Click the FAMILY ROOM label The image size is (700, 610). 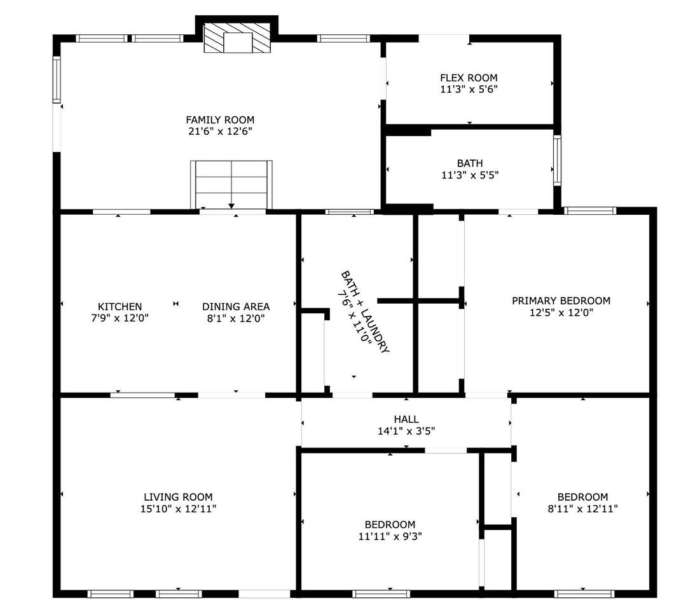click(x=220, y=120)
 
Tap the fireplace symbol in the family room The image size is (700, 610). click(x=237, y=38)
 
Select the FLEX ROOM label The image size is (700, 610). click(x=469, y=78)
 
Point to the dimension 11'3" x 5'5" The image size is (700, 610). click(x=470, y=175)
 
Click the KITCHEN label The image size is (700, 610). click(x=120, y=306)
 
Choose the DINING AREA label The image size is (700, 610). click(x=236, y=306)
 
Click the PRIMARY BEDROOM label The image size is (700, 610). click(x=561, y=301)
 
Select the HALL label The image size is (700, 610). click(x=406, y=419)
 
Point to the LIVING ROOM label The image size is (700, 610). click(x=178, y=497)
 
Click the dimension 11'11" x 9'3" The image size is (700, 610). click(x=390, y=536)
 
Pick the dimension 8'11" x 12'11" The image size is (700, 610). click(x=582, y=508)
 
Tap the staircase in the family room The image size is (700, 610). click(x=231, y=184)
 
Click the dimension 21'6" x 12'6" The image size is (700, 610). click(x=220, y=131)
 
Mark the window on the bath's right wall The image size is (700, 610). click(x=557, y=160)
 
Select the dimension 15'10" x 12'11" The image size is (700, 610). click(x=178, y=508)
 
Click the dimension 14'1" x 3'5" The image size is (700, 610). click(x=406, y=431)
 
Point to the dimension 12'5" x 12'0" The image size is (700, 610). click(x=561, y=313)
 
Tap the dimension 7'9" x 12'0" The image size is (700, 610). click(x=120, y=318)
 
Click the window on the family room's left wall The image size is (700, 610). click(x=57, y=79)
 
